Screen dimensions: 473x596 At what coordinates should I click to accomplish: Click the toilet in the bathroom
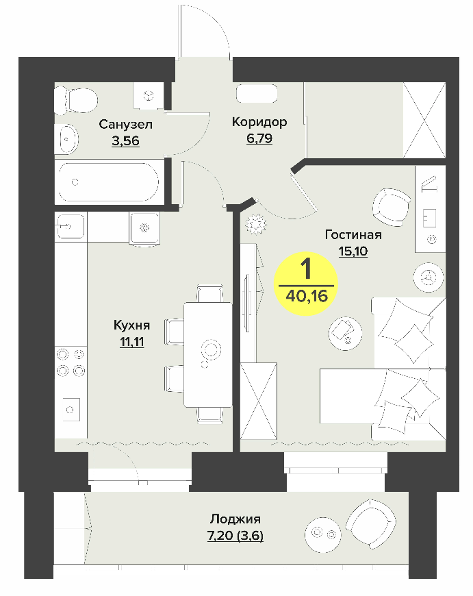pyautogui.click(x=76, y=100)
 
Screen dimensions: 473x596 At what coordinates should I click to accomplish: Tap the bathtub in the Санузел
pyautogui.click(x=109, y=182)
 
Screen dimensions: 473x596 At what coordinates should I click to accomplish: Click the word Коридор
pyautogui.click(x=259, y=122)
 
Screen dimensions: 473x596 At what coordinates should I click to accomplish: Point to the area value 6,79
pyautogui.click(x=259, y=138)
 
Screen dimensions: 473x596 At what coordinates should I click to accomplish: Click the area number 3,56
pyautogui.click(x=125, y=140)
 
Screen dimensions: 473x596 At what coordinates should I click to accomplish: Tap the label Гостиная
pyautogui.click(x=353, y=234)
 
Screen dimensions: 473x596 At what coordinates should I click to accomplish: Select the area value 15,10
pyautogui.click(x=353, y=251)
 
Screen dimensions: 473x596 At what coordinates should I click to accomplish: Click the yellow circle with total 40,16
pyautogui.click(x=306, y=284)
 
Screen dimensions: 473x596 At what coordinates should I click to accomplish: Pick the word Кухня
pyautogui.click(x=132, y=325)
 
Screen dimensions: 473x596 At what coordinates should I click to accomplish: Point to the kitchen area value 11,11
pyautogui.click(x=132, y=342)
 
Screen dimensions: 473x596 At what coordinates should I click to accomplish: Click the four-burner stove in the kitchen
pyautogui.click(x=71, y=362)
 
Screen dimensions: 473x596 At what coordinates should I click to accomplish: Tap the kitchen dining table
pyautogui.click(x=208, y=354)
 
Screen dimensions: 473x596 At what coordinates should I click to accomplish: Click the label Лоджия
pyautogui.click(x=235, y=519)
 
